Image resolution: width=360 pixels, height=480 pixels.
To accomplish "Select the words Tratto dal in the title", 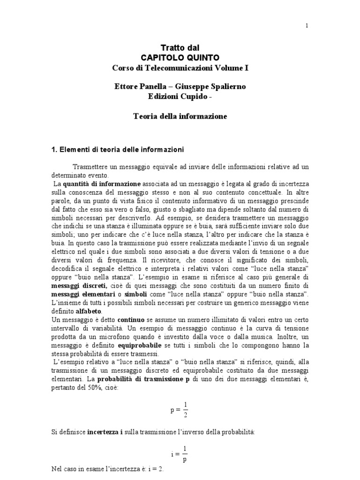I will point(180,47).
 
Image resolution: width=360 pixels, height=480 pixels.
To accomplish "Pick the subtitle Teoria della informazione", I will point(180,116).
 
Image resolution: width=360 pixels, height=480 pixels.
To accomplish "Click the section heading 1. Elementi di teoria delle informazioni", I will point(117,150).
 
